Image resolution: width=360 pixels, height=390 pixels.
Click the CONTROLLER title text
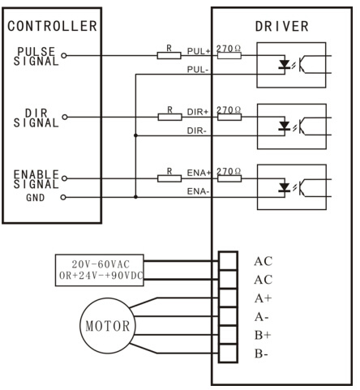52,26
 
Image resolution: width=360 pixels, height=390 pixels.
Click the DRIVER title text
281,26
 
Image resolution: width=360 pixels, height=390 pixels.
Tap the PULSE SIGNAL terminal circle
64,56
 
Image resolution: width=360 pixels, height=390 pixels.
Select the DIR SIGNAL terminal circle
65,117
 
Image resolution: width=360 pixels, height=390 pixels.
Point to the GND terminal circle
63,197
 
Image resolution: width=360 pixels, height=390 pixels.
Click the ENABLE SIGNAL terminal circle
64,178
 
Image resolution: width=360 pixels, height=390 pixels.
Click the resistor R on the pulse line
169,56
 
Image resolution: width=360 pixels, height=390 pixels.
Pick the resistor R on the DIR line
169,117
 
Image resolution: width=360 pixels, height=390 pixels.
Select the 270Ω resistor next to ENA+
229,178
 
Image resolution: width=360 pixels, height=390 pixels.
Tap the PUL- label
198,70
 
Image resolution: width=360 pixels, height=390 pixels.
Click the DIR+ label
198,112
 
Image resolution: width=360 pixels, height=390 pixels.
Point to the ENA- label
198,191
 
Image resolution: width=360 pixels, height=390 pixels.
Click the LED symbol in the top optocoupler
285,65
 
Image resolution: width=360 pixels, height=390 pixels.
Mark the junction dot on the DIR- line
135,135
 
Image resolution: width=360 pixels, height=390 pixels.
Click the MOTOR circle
108,326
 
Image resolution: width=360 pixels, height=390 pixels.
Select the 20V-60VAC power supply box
100,270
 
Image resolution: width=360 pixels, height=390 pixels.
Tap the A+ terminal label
263,298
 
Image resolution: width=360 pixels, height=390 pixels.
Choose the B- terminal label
261,354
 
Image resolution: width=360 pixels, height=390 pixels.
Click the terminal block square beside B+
228,335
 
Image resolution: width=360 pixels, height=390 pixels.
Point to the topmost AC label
264,261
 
